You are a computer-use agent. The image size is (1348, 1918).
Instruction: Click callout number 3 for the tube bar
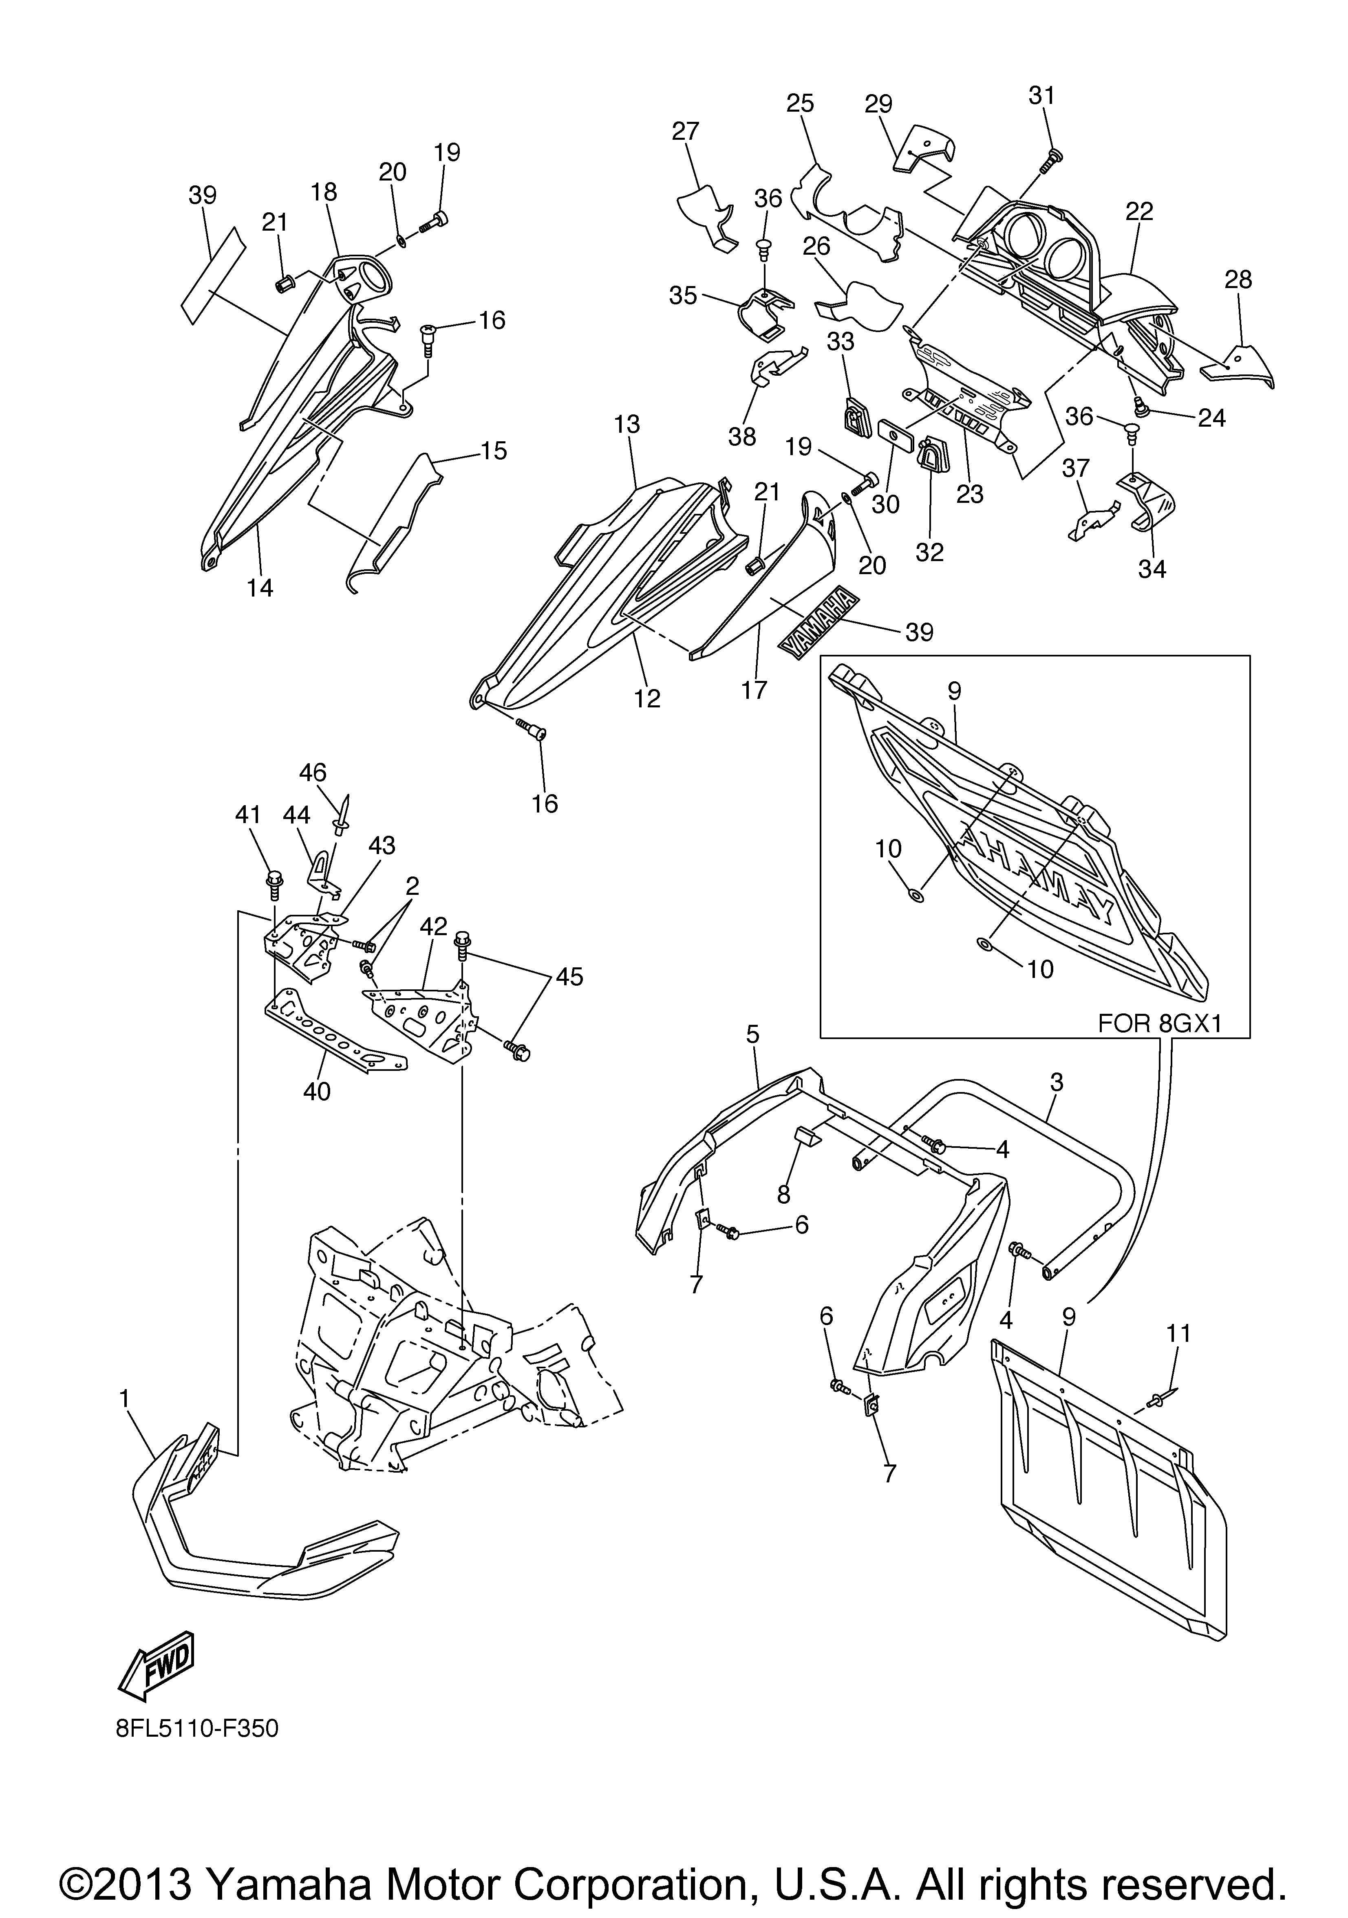point(1056,1083)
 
